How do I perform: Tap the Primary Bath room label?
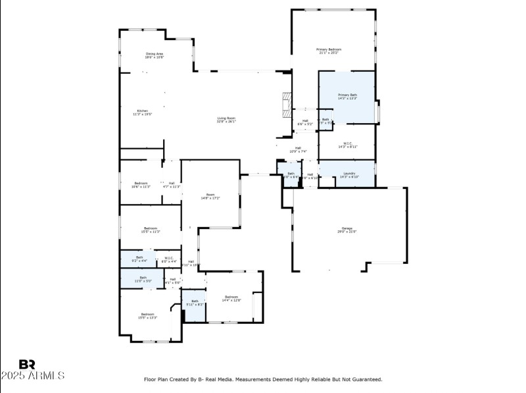pos(347,97)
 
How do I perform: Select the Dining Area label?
pos(155,55)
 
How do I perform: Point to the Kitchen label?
pos(142,112)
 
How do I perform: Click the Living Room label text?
pos(226,119)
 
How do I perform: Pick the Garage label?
pos(347,230)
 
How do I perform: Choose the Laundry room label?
pos(348,175)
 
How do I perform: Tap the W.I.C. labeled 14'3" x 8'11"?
pos(348,145)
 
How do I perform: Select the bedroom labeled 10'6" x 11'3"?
pos(141,184)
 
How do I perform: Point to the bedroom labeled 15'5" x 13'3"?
pos(147,315)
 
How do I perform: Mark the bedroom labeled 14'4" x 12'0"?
pos(231,298)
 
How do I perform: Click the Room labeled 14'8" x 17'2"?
pos(210,196)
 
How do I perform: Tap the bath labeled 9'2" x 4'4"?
pos(139,259)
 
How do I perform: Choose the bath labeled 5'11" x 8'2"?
pos(195,302)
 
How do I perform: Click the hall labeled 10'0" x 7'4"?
pos(298,149)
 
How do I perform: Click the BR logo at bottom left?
pos(27,364)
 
